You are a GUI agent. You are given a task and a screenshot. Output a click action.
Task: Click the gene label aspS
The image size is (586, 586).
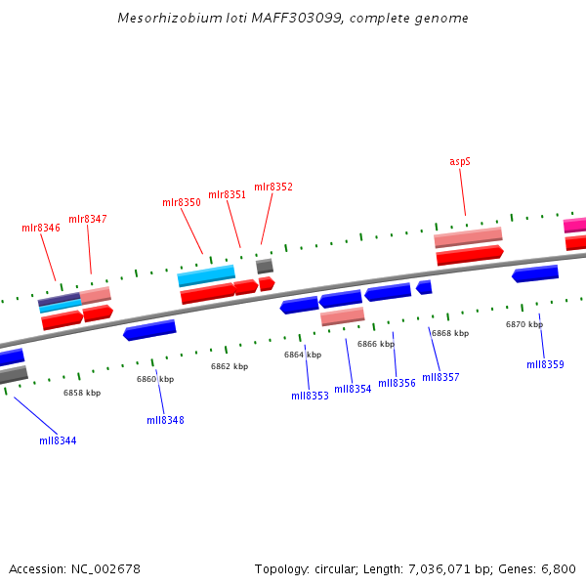tap(460, 161)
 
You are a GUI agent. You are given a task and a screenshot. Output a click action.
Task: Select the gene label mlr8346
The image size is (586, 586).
tap(41, 228)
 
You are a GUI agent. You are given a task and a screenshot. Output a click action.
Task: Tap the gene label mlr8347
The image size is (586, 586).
tap(88, 219)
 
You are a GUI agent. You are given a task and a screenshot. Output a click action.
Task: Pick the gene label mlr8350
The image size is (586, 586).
tap(182, 202)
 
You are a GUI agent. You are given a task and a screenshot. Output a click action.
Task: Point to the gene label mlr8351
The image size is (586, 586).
tap(228, 194)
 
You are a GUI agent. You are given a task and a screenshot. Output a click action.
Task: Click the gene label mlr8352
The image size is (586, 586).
tap(273, 187)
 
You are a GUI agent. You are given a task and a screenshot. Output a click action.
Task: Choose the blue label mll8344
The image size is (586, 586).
tap(58, 440)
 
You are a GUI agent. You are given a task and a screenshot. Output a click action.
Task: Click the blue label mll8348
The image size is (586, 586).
tap(165, 420)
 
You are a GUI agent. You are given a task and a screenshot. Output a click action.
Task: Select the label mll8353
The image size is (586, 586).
tap(310, 396)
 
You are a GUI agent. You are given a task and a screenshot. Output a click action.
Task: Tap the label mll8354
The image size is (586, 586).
tap(353, 389)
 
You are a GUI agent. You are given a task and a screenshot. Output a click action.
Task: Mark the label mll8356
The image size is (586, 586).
tap(397, 383)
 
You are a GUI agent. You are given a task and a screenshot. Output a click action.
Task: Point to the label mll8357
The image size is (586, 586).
tap(440, 377)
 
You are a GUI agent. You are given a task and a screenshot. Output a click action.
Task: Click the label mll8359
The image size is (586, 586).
tap(545, 364)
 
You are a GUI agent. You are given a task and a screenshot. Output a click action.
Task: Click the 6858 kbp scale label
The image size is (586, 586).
tap(82, 393)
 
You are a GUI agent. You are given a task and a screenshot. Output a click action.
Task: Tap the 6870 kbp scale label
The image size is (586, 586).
tap(524, 324)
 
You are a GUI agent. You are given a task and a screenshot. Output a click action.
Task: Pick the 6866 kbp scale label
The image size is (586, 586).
tap(376, 344)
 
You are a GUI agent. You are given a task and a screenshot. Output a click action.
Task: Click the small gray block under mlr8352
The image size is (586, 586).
tap(265, 266)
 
